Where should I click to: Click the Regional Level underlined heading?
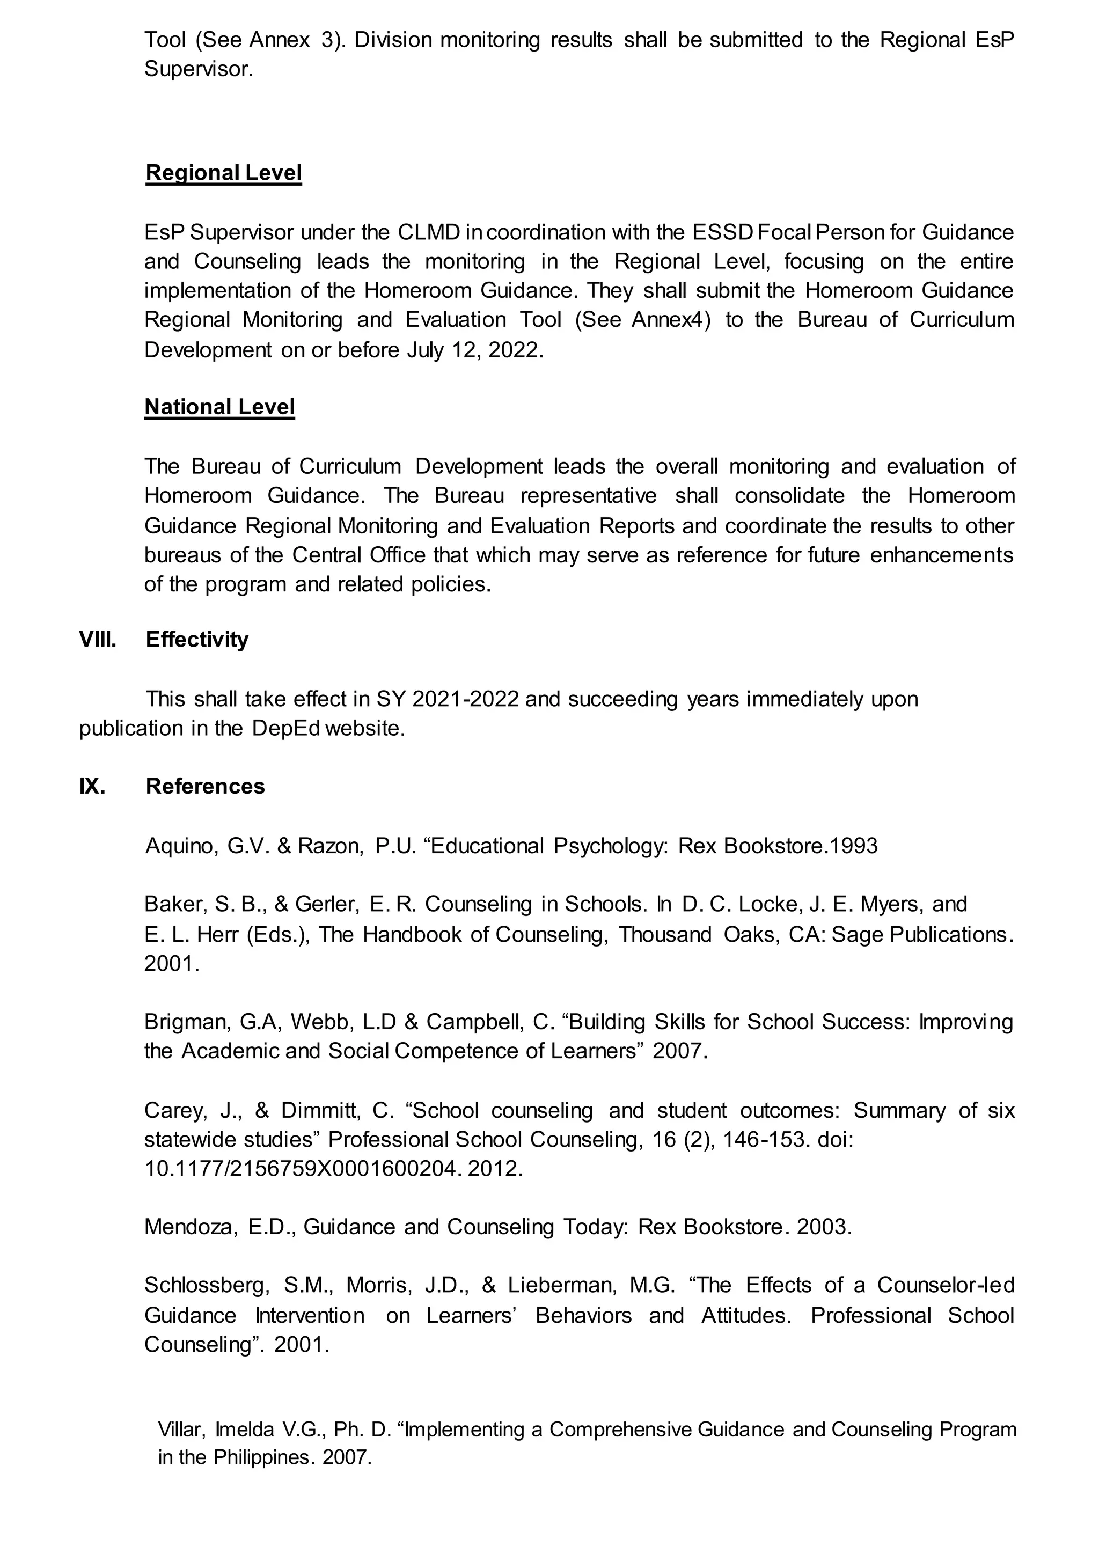(223, 173)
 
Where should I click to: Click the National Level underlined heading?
(219, 407)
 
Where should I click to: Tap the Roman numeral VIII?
(98, 640)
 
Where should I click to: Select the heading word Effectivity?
(197, 640)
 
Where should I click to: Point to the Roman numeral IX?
(92, 787)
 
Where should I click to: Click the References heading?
(205, 787)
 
